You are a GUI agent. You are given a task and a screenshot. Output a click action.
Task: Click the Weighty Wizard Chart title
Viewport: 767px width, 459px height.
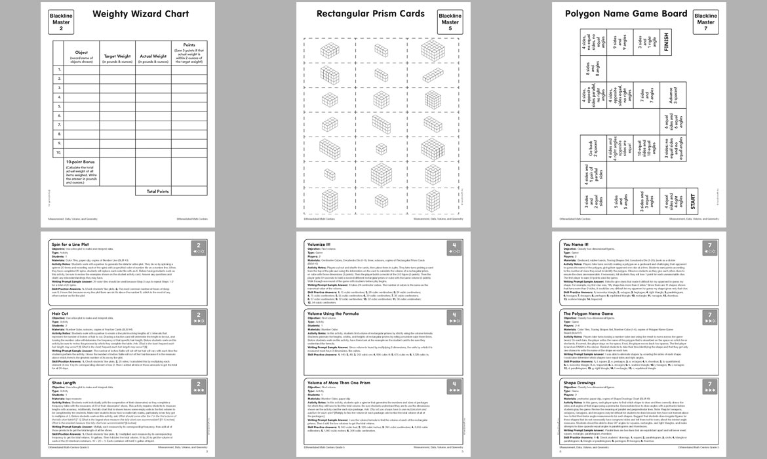(140, 14)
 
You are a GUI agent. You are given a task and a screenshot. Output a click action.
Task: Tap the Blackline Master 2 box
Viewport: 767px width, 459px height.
(61, 20)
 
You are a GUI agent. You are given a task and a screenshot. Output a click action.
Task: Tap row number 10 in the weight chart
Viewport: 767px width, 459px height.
(58, 152)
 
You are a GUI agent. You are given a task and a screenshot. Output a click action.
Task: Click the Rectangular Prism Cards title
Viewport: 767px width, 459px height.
(369, 13)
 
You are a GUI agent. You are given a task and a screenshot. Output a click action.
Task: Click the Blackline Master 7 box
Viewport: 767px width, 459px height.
(705, 20)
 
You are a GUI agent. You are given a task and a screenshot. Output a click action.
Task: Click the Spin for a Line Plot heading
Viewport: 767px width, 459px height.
(73, 244)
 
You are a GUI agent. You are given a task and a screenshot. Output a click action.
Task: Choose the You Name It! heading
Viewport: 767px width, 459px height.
(577, 244)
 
